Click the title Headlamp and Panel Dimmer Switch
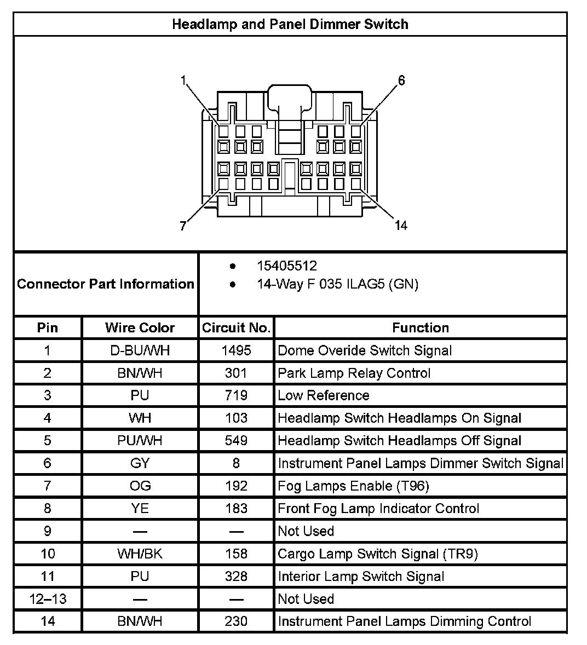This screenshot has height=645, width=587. pyautogui.click(x=290, y=24)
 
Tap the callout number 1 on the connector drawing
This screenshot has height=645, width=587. pyautogui.click(x=184, y=80)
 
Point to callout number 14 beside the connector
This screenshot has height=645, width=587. pyautogui.click(x=401, y=225)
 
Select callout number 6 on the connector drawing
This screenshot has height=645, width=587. pyautogui.click(x=401, y=80)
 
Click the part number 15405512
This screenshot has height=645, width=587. pyautogui.click(x=287, y=266)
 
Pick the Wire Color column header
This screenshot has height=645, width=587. pyautogui.click(x=140, y=327)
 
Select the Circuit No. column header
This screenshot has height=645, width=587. pyautogui.click(x=236, y=327)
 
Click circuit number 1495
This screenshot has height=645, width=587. pyautogui.click(x=236, y=350)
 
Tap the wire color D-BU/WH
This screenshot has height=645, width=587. pyautogui.click(x=140, y=350)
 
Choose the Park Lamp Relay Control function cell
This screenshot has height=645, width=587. pyautogui.click(x=354, y=373)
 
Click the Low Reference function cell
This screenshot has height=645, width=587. pyautogui.click(x=324, y=395)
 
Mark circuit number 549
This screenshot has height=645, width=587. pyautogui.click(x=236, y=441)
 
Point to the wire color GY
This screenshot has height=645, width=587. pyautogui.click(x=140, y=463)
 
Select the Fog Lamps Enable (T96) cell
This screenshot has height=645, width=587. pyautogui.click(x=353, y=486)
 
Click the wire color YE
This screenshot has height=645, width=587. pyautogui.click(x=140, y=508)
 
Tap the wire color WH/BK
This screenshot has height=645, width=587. pyautogui.click(x=140, y=554)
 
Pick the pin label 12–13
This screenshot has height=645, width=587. pyautogui.click(x=48, y=598)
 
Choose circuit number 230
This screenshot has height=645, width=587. pyautogui.click(x=236, y=621)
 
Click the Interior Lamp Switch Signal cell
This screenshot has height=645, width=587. pyautogui.click(x=361, y=576)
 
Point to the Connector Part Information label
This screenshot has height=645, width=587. pyautogui.click(x=106, y=284)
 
